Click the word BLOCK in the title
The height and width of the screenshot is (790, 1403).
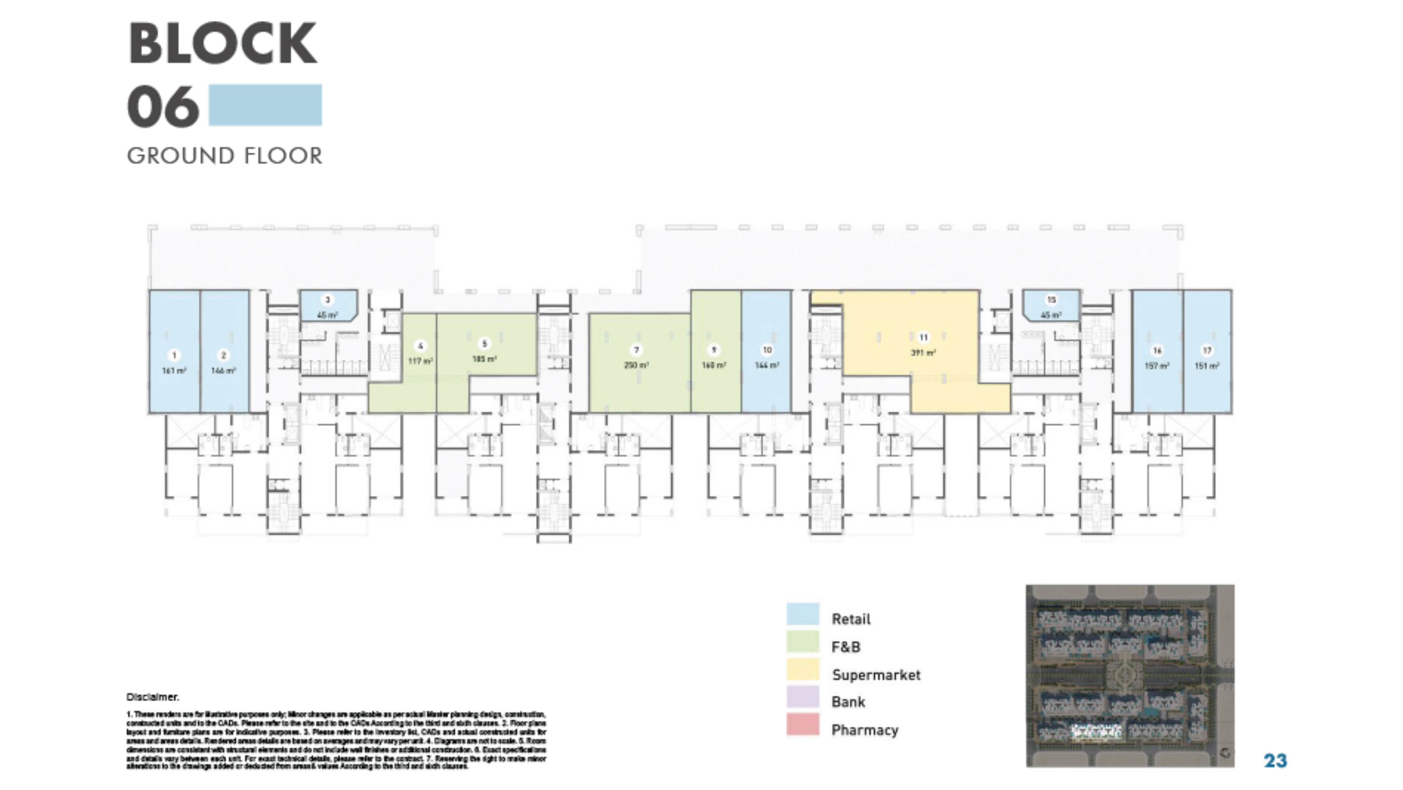[x=222, y=43]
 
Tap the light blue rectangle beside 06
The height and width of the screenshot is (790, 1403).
[x=265, y=105]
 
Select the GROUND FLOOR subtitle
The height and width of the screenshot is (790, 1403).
[x=224, y=156]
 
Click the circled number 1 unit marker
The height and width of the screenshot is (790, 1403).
[x=174, y=356]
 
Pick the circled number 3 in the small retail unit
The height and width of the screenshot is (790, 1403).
[x=327, y=300]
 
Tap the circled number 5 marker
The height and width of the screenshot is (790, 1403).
[x=484, y=344]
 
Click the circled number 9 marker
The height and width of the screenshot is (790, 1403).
[x=713, y=350]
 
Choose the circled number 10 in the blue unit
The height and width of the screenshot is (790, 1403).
[x=767, y=350]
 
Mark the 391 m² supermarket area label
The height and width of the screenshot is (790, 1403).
[x=923, y=353]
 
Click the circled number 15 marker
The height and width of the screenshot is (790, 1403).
[x=1051, y=300]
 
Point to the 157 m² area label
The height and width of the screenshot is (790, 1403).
[x=1157, y=366]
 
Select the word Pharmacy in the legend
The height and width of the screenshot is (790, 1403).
[x=864, y=730]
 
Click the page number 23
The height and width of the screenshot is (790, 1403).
[x=1275, y=761]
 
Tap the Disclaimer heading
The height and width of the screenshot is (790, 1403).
[x=153, y=697]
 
